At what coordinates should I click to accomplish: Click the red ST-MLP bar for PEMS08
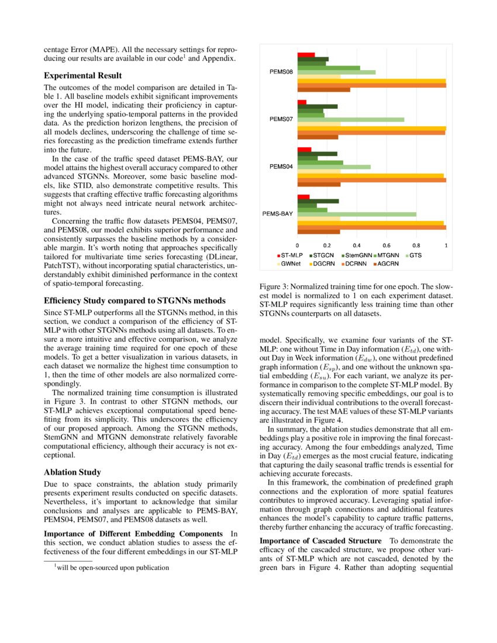tap(306, 54)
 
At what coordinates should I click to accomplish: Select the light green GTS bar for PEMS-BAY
tap(357, 214)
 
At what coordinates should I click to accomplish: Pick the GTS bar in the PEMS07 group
tap(351, 119)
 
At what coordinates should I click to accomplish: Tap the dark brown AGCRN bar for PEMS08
tap(323, 89)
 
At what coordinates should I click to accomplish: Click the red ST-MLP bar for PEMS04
tap(304, 150)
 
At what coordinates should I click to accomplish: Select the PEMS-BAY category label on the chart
tap(277, 214)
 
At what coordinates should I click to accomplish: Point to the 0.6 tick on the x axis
tap(386, 246)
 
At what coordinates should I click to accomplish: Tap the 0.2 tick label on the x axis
tap(327, 246)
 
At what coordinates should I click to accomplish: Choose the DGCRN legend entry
tap(322, 264)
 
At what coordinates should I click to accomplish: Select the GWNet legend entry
tap(289, 264)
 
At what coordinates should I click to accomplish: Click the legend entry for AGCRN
tap(385, 264)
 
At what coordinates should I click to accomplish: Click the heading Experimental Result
tap(83, 75)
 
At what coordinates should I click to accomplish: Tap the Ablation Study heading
tap(73, 472)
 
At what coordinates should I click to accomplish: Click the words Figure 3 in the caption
tap(273, 287)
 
